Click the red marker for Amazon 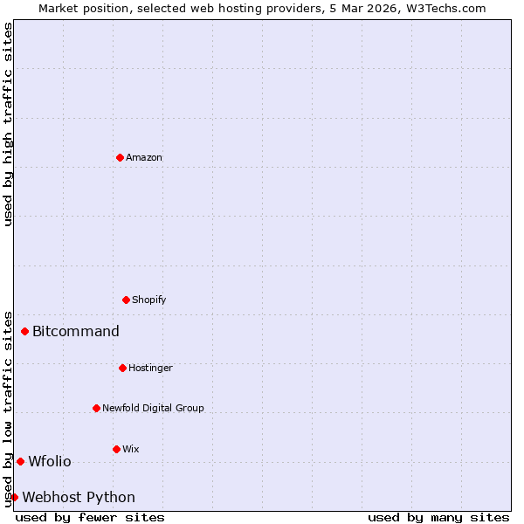120,157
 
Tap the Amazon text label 144,158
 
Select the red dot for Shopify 126,300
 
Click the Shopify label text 149,300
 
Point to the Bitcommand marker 25,331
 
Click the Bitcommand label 76,332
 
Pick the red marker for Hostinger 122,368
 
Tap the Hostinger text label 150,369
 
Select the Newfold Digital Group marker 96,408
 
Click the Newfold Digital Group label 153,409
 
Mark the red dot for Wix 116,449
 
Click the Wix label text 131,450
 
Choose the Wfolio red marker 20,461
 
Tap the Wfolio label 50,462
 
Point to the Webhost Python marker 14,497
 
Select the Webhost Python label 79,498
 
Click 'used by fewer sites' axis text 90,518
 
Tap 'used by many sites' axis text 438,518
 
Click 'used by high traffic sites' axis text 9,124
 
